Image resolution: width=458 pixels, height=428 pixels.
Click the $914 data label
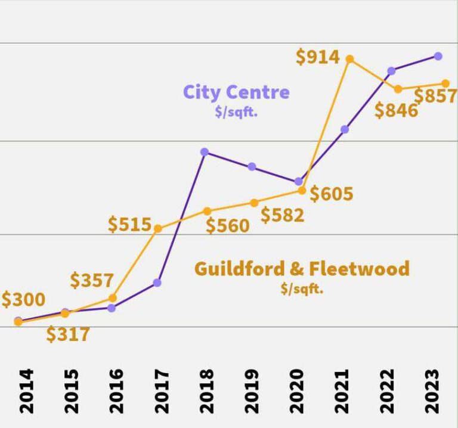point(318,57)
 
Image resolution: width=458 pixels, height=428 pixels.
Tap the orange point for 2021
point(350,59)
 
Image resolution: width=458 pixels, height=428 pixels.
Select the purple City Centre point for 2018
point(205,152)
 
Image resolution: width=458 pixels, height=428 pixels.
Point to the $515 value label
point(129,224)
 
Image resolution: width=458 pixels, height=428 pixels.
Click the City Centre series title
point(236,92)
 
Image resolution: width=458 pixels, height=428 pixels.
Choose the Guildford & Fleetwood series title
point(302,268)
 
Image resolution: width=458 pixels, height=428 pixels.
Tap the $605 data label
point(331,194)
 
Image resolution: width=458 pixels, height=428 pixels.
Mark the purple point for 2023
point(438,56)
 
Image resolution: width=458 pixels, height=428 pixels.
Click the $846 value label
point(396,110)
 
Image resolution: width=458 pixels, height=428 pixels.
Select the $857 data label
point(435,96)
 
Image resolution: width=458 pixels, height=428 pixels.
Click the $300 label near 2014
point(23,299)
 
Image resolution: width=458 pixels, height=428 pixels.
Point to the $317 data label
point(68,334)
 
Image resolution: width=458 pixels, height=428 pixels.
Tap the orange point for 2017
point(158,228)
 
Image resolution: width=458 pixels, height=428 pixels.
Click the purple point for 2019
point(252,166)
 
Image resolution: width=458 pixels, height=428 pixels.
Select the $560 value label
point(227,226)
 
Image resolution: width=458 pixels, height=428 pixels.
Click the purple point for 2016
point(112,308)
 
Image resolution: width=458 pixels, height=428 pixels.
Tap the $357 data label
point(92,280)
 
